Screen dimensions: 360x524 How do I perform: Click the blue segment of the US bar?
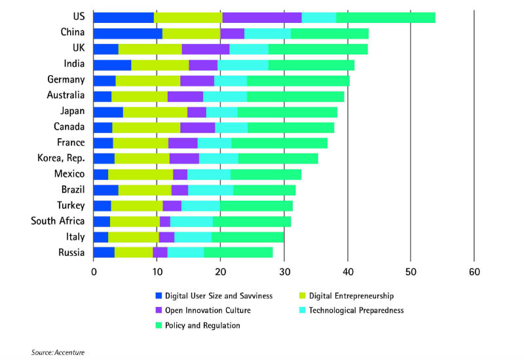point(124,18)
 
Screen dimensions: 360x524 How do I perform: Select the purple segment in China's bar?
point(232,33)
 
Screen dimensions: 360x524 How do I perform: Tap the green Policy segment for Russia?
point(238,252)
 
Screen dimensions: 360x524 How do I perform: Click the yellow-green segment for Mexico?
point(140,174)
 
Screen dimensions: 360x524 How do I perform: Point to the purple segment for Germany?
point(197,81)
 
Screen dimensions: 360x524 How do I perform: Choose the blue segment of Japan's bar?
point(108,112)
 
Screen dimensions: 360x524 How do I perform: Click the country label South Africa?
point(58,221)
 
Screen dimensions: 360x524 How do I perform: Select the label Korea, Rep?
point(61,158)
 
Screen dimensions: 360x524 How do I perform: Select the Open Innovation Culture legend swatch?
point(159,310)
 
